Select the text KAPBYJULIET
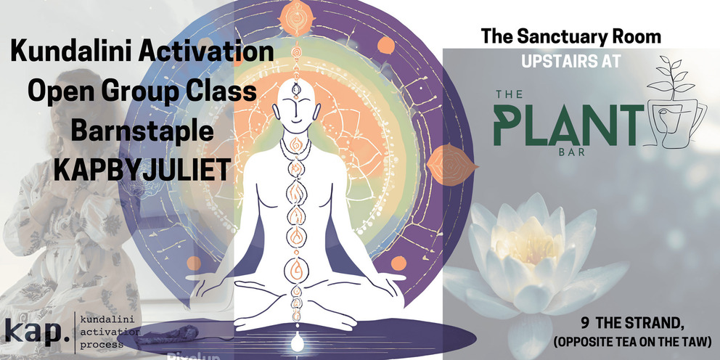[x=142, y=170]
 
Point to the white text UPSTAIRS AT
[x=571, y=61]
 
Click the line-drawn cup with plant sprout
[x=674, y=102]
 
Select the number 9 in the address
[x=585, y=323]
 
